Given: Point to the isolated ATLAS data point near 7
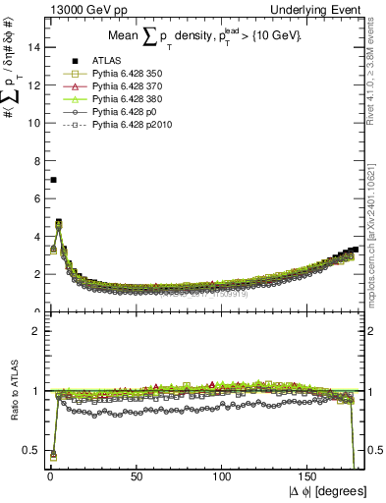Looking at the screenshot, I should tap(53, 180).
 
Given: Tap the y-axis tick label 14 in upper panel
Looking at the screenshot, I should tap(33, 46).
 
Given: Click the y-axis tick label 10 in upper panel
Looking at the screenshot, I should tap(33, 122).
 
